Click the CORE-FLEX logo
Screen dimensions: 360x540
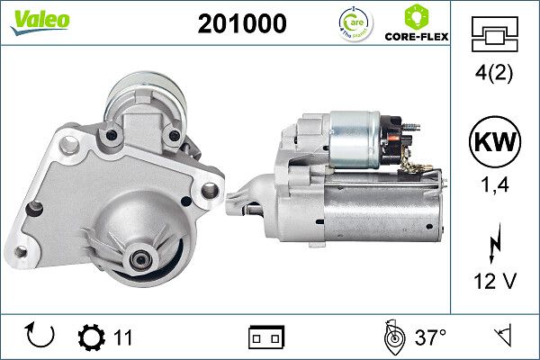point(416,24)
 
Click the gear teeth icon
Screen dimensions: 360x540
point(92,337)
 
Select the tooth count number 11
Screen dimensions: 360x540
point(123,337)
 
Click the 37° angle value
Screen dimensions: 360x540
point(430,337)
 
